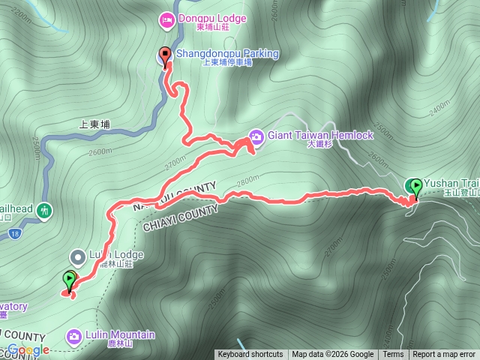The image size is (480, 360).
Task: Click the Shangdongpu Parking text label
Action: click(x=227, y=54)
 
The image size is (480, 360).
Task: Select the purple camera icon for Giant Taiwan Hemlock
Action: click(x=256, y=136)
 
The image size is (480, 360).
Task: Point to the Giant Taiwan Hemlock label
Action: click(x=319, y=135)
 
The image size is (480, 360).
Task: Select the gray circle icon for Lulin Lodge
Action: click(x=77, y=257)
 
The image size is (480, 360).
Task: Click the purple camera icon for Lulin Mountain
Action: click(x=73, y=336)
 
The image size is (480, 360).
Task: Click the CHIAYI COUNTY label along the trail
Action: click(x=180, y=212)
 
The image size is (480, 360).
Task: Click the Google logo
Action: click(x=28, y=349)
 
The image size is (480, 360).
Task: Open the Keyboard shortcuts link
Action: click(x=250, y=355)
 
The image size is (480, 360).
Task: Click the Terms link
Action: click(x=393, y=355)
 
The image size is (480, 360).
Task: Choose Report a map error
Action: click(x=444, y=355)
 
